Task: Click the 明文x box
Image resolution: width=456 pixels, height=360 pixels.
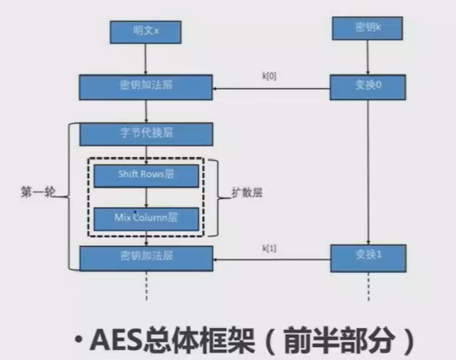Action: tap(145, 32)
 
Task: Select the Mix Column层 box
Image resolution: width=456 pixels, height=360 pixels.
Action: tap(145, 218)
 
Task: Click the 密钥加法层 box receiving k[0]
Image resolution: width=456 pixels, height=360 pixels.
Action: tap(145, 88)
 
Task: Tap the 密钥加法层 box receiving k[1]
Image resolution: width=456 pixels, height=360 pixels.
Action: tap(145, 256)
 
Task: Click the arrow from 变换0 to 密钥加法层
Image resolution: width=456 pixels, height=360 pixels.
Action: tap(271, 88)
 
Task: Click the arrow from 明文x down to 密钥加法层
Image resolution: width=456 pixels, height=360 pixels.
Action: tap(145, 60)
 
